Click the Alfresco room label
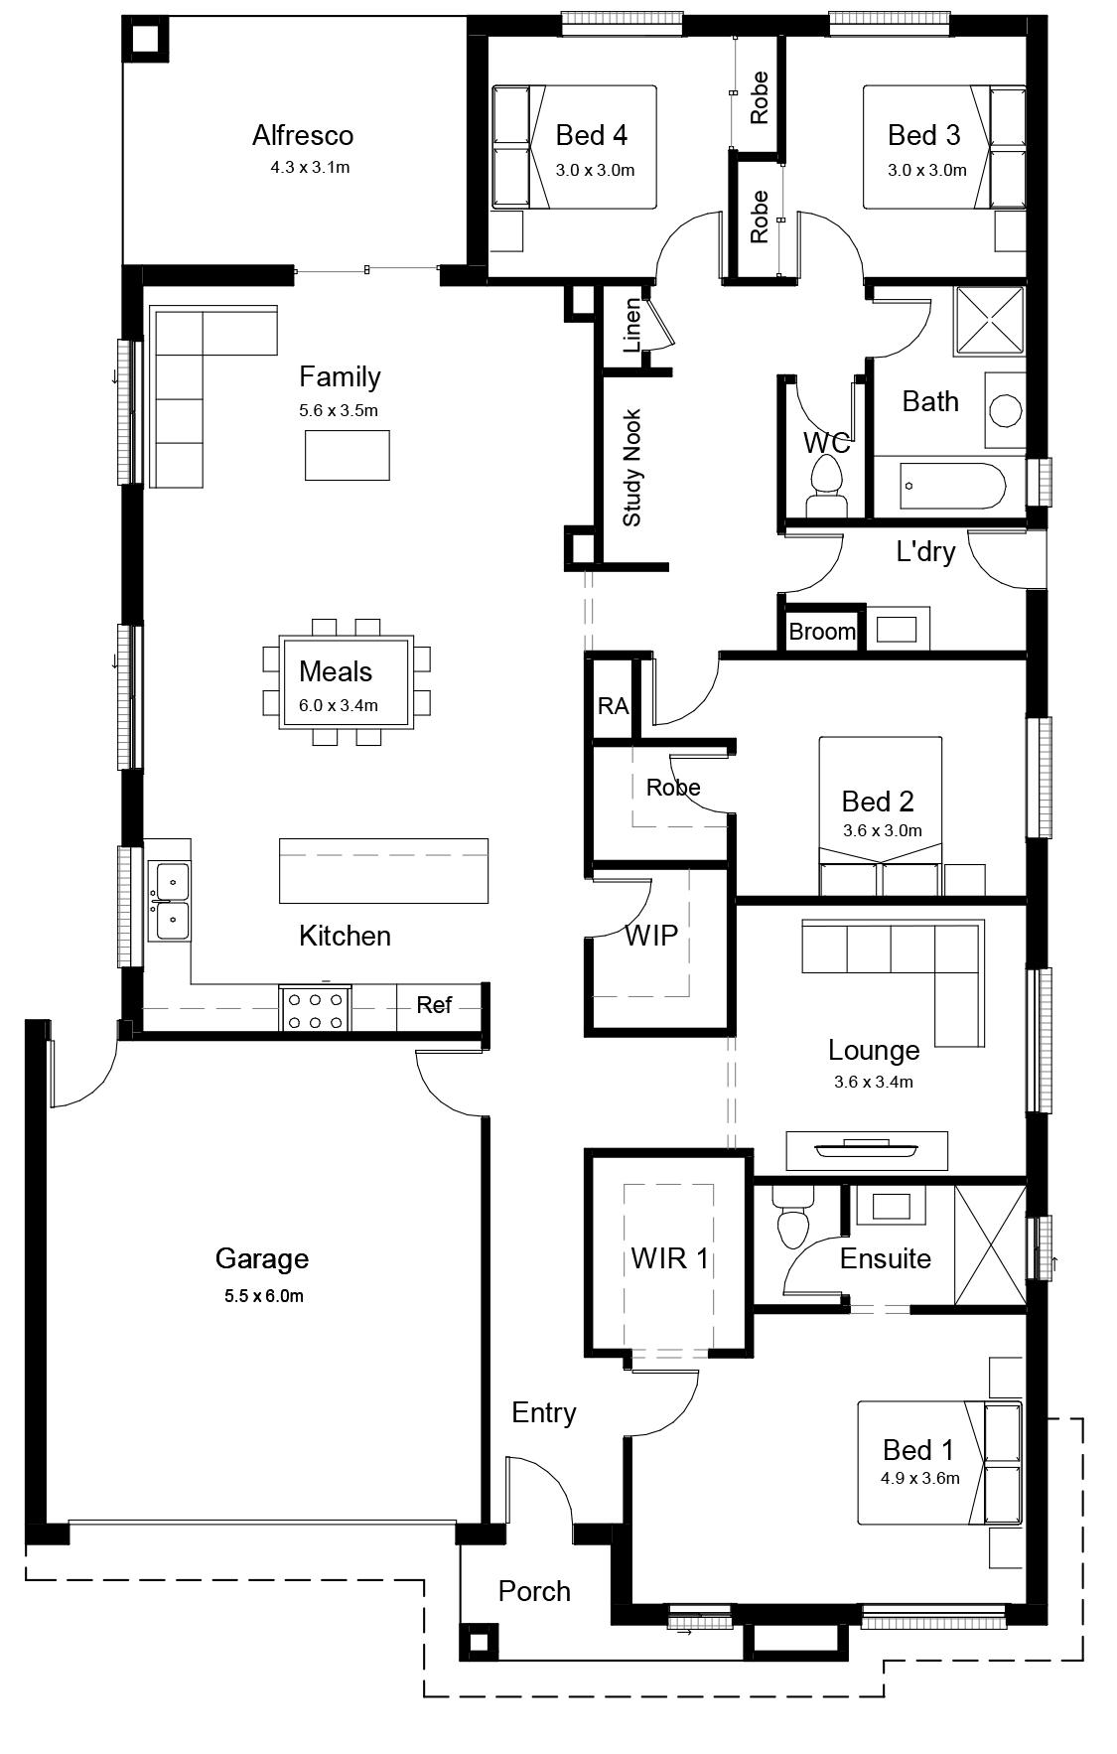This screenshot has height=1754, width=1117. pos(303,135)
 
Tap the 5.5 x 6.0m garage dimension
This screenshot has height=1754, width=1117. pos(263,1296)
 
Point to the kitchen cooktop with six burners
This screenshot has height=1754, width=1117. pos(315,1009)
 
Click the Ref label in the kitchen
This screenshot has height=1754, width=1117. pos(434,1005)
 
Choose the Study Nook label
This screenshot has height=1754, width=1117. pos(632,468)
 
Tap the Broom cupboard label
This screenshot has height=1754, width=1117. pos(822,632)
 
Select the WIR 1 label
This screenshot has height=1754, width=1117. pos(669,1258)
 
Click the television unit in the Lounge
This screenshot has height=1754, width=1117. pos(867,1150)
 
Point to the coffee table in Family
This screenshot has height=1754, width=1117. pos(347,455)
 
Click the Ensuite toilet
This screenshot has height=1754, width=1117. pos(794,1216)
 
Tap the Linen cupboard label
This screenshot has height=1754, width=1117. pos(632,326)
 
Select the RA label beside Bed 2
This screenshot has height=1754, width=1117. pos(613,706)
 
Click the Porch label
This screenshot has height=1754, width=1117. pos(534,1591)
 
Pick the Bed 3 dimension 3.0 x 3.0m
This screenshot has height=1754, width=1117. pos(926,170)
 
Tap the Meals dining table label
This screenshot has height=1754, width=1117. pos(336,671)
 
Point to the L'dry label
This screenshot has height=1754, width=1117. pos(925,552)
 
